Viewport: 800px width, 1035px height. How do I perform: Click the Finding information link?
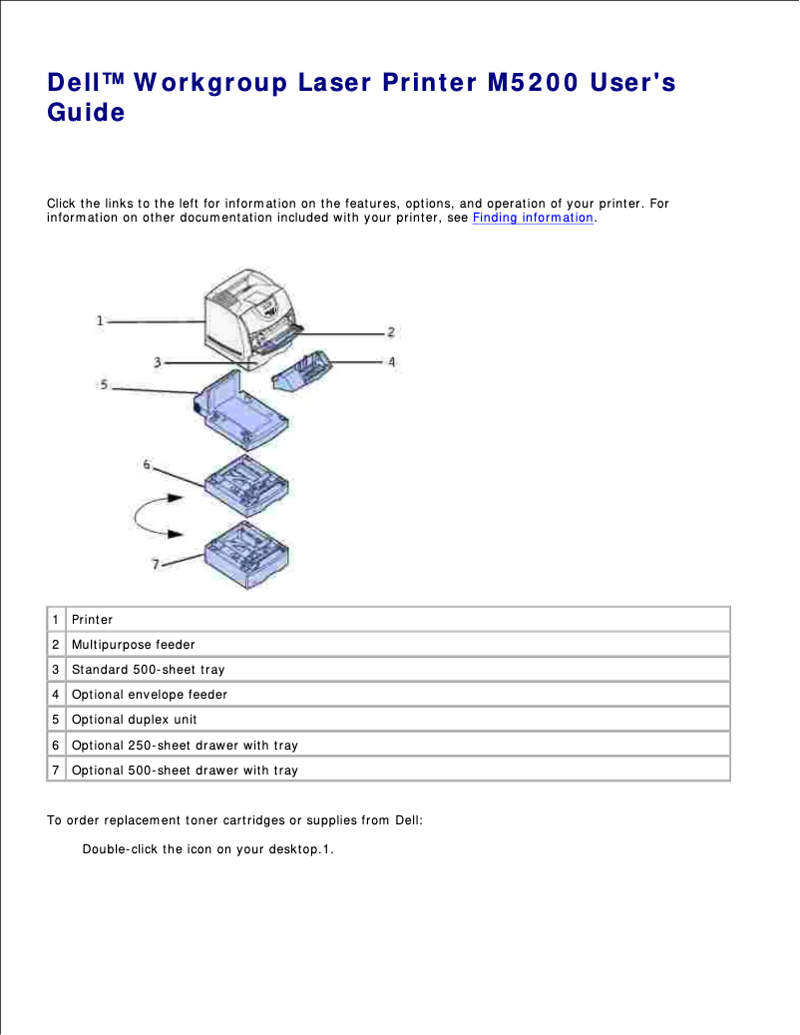point(532,218)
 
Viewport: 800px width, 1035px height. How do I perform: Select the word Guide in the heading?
point(86,113)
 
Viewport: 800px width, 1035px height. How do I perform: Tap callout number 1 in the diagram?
point(101,320)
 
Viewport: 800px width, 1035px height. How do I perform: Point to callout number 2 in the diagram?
point(392,331)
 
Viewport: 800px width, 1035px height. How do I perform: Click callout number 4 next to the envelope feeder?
point(392,362)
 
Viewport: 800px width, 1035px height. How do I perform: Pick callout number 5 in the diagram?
point(104,383)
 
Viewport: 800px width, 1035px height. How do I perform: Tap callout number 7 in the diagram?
point(156,565)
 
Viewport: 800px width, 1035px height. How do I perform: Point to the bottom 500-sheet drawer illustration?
point(249,554)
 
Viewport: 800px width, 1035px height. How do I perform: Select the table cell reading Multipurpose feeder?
point(133,645)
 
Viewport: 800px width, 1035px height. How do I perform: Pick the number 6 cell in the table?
point(57,746)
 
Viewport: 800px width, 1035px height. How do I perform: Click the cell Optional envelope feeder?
point(149,695)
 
